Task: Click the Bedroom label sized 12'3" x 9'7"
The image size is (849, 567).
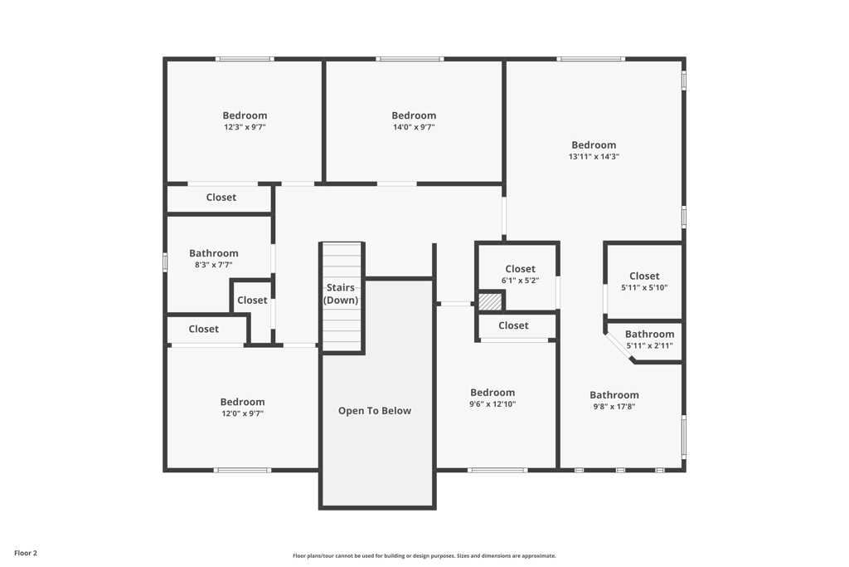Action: [245, 115]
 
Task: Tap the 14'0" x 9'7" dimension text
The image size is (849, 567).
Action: [414, 128]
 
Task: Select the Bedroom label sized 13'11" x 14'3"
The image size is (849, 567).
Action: [594, 145]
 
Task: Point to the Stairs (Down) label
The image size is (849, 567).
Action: [341, 294]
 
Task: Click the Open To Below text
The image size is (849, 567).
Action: [375, 411]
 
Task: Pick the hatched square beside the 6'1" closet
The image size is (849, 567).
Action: [490, 301]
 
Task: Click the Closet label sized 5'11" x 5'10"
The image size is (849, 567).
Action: [644, 276]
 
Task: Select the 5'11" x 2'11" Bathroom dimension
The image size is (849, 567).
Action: [649, 346]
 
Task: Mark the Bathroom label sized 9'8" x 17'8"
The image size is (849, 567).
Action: [614, 395]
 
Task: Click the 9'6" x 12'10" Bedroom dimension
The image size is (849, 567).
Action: [492, 404]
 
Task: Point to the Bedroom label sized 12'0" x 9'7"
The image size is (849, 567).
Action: [242, 402]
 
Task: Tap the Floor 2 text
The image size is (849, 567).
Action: [26, 553]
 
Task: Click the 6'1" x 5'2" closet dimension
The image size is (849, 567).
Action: [520, 281]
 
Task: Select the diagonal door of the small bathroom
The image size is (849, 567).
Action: [619, 347]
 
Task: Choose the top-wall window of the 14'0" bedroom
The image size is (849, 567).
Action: [410, 59]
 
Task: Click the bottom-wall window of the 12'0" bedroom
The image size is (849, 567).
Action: [242, 471]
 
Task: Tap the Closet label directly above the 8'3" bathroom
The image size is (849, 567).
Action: [221, 198]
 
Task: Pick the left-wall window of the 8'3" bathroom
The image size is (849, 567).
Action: [165, 261]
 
